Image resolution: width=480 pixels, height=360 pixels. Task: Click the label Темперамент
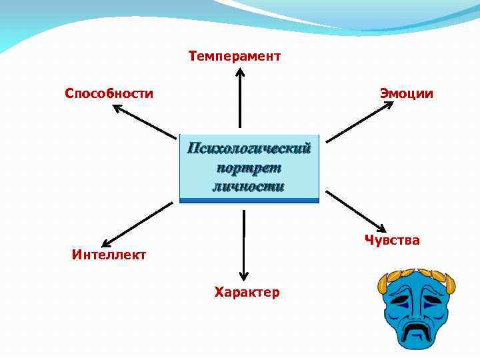pos(235,56)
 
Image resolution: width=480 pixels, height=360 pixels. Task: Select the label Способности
pos(109,93)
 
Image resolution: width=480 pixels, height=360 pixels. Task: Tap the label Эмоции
pos(406,93)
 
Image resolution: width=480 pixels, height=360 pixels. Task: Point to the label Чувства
pos(392,240)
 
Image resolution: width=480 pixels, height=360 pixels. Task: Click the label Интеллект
pos(109,254)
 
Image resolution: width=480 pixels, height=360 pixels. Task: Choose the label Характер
pos(247,292)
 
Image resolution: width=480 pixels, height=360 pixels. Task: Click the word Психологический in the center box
pos(249,148)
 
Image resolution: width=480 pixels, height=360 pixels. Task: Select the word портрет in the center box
pos(249,167)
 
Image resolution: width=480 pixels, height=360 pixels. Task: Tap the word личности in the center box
pos(249,186)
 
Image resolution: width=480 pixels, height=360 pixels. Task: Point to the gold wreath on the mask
pos(418,274)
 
